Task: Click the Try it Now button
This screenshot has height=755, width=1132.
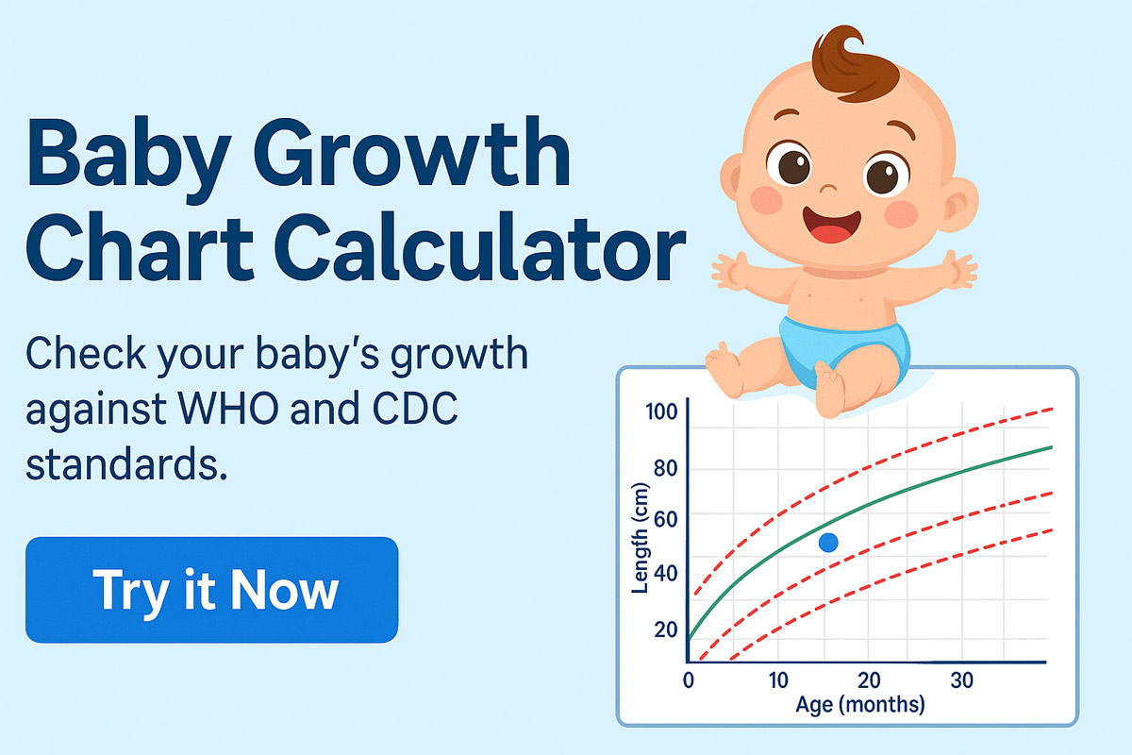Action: (212, 590)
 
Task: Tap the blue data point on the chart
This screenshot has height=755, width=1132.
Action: (828, 542)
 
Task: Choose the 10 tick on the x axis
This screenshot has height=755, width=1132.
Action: (778, 680)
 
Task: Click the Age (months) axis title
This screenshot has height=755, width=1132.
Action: (859, 704)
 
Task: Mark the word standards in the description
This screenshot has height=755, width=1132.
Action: (127, 464)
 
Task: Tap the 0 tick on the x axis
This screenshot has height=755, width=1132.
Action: (689, 680)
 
